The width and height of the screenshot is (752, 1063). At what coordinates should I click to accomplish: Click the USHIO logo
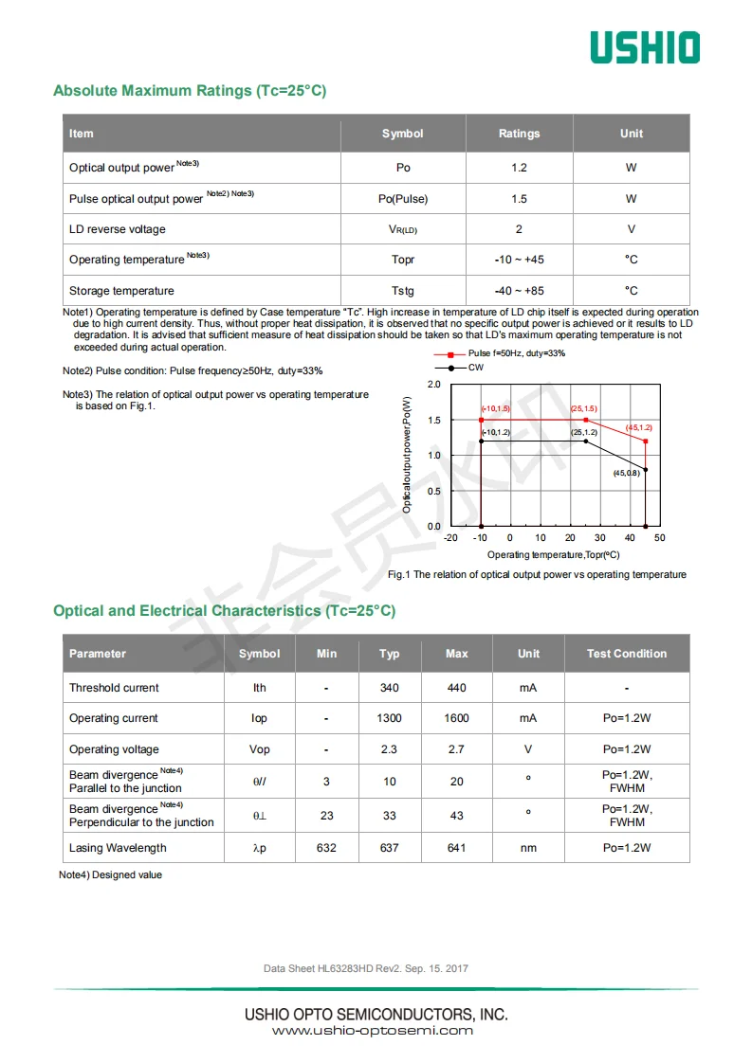(x=645, y=47)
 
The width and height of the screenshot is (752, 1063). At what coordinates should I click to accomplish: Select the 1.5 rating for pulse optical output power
(x=519, y=199)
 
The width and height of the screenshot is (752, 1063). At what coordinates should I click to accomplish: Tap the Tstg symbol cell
(x=403, y=291)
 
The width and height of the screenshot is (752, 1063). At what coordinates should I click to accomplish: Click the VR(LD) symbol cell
(x=403, y=229)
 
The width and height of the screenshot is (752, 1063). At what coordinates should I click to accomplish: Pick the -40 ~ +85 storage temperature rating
(x=519, y=291)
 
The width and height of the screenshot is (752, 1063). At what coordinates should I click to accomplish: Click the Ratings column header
(x=519, y=134)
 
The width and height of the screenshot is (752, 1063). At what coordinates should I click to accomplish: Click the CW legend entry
(x=475, y=367)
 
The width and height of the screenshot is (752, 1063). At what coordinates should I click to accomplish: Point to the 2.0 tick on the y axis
(x=434, y=385)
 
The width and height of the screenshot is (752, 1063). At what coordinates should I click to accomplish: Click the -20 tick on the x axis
(x=450, y=538)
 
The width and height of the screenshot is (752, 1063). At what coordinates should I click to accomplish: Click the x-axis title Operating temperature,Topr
(x=553, y=554)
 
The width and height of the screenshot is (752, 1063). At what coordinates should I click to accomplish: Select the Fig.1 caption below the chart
(x=537, y=575)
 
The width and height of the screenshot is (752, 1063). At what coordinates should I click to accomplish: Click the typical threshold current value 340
(x=389, y=688)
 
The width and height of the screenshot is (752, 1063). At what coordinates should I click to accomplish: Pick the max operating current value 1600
(x=456, y=718)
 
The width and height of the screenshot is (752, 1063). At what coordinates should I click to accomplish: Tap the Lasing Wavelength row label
(x=118, y=848)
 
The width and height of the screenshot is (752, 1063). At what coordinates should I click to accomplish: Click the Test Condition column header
(x=626, y=654)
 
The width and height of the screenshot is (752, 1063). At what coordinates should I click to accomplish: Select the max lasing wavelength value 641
(x=456, y=848)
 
